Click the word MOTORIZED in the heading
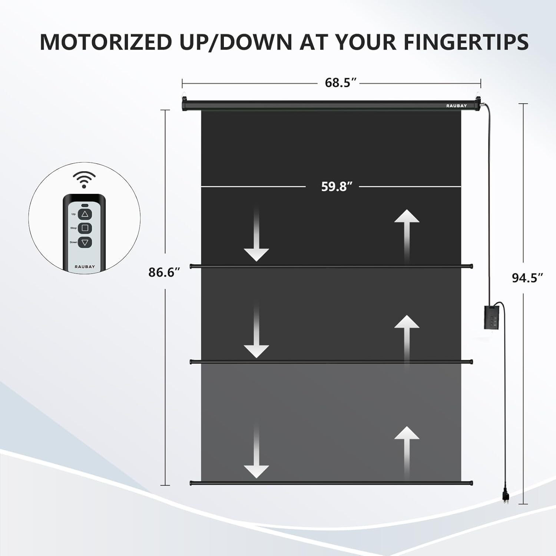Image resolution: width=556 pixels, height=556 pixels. tap(106, 42)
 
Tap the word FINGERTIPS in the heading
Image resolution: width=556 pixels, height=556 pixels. tap(466, 42)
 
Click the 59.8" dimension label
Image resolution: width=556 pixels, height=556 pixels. tap(337, 186)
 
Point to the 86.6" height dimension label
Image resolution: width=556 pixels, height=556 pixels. tap(164, 272)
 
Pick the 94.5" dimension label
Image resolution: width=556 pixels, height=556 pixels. tap(527, 278)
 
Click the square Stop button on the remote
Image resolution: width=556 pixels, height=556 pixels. tap(85, 228)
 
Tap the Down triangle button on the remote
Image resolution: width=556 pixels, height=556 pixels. tap(85, 242)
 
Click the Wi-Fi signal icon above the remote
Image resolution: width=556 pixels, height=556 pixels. tap(84, 179)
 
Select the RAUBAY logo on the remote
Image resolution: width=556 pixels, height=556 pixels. tap(85, 267)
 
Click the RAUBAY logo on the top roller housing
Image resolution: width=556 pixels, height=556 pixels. tap(456, 106)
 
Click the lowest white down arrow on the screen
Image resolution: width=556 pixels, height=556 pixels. tap(256, 451)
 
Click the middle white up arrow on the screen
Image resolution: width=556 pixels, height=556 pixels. tap(407, 341)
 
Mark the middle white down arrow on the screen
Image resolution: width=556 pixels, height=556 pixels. tap(256, 331)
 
